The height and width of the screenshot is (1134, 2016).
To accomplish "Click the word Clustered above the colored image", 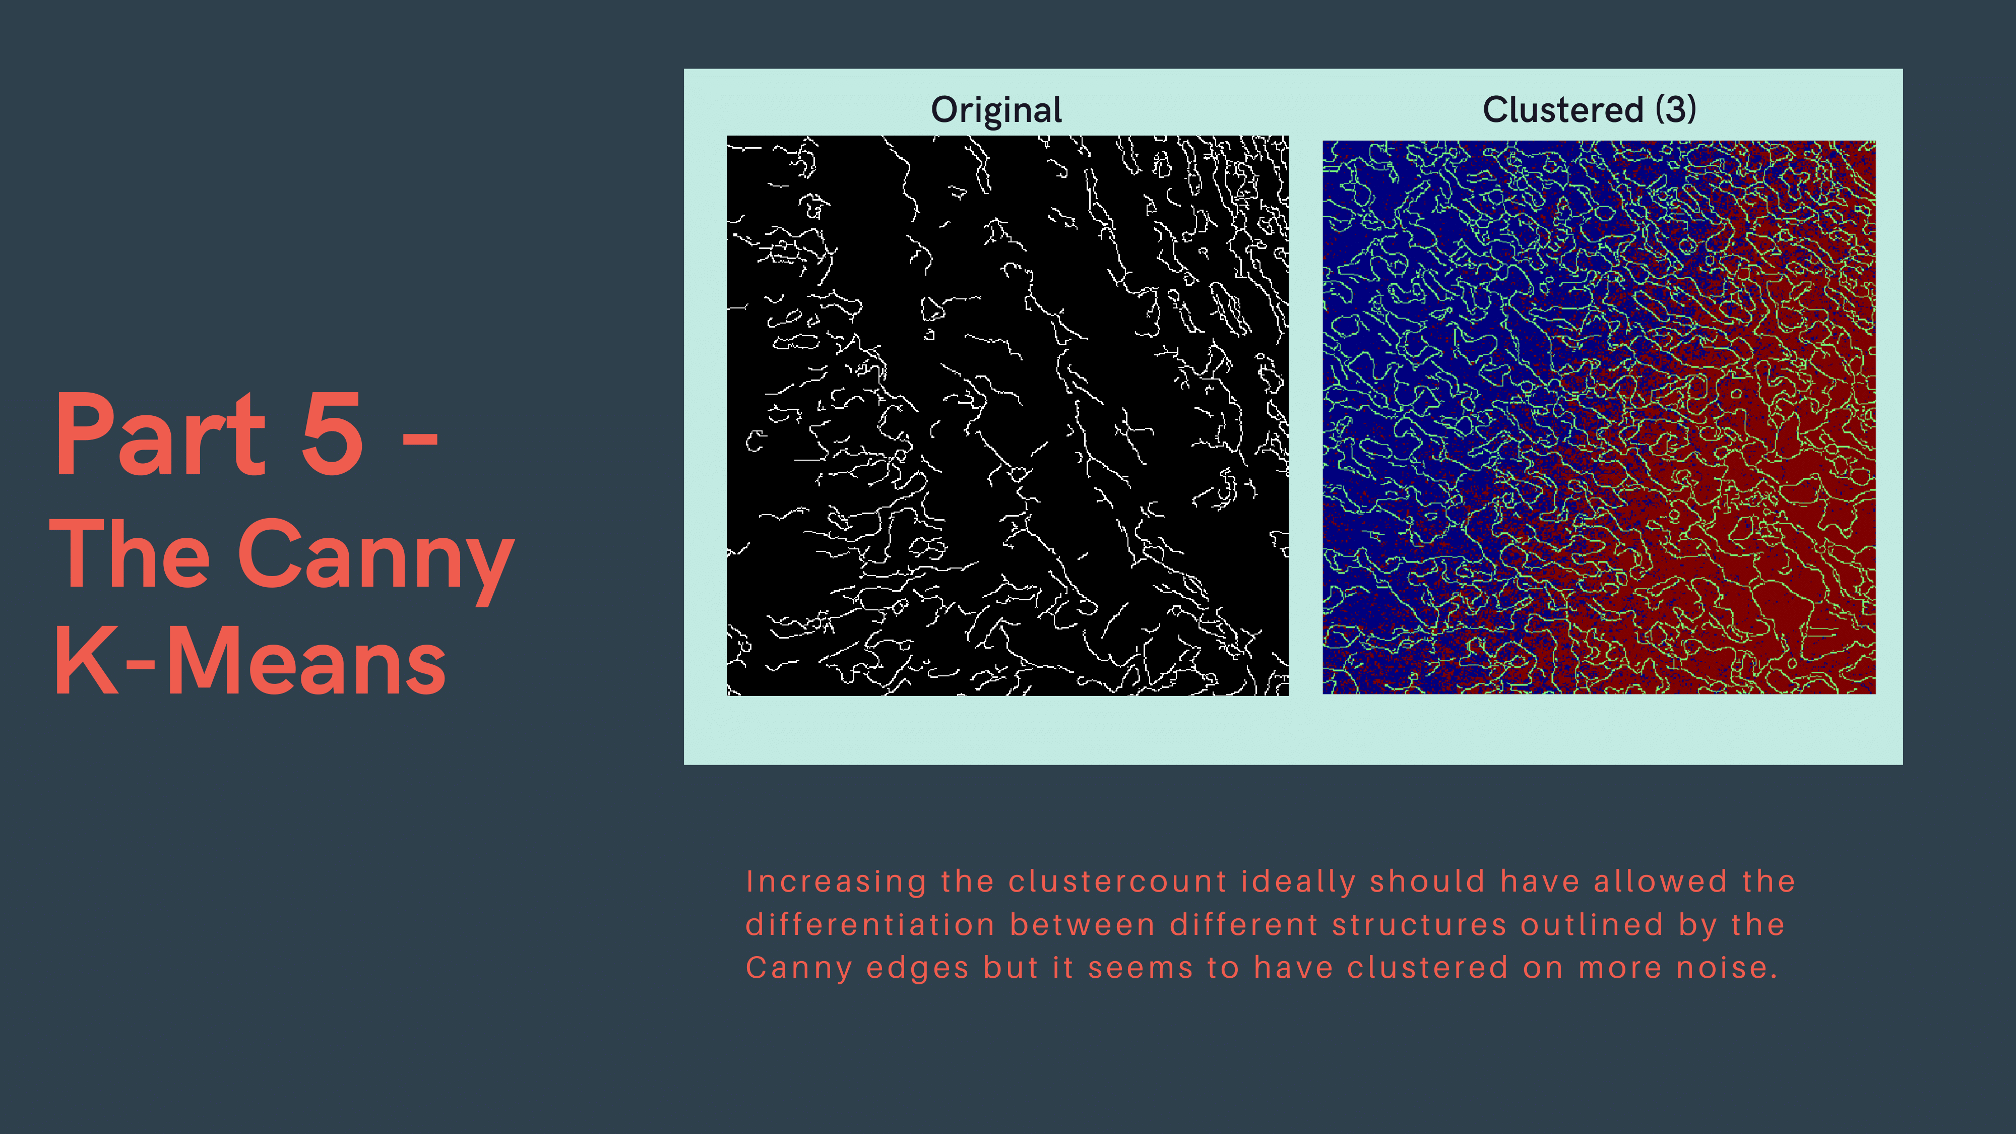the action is pyautogui.click(x=1563, y=109).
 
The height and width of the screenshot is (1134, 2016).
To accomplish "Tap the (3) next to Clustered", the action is pyautogui.click(x=1676, y=109).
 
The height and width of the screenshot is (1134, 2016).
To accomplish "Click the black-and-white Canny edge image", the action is pyautogui.click(x=1007, y=416).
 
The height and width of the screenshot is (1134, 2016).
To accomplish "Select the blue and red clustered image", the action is pyautogui.click(x=1599, y=417).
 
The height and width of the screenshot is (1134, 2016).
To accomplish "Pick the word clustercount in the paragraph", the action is pyautogui.click(x=1117, y=882).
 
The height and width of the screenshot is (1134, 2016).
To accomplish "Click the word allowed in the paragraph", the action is pyautogui.click(x=1661, y=882).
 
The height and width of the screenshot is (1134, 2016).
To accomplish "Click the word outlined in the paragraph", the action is pyautogui.click(x=1592, y=925).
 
